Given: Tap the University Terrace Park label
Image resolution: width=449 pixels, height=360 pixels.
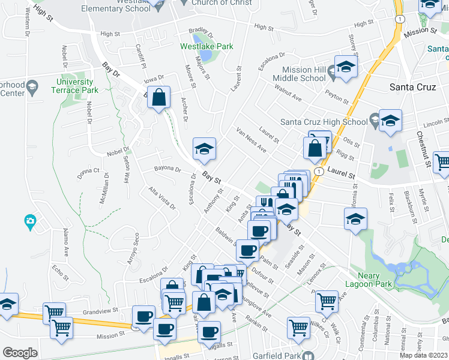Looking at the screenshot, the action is point(75,86).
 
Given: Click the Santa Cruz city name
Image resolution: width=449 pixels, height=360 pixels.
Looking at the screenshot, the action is point(412,87).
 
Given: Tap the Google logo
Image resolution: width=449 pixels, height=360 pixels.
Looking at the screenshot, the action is point(20,353).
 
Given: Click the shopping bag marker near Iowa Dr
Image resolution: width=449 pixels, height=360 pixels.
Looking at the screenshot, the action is point(158,97).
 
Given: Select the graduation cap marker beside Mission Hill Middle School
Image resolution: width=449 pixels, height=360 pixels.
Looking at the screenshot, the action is point(346,67).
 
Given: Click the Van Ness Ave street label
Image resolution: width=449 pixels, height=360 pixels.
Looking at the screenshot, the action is point(251,139).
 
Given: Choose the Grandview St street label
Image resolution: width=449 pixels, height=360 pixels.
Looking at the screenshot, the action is point(98,312).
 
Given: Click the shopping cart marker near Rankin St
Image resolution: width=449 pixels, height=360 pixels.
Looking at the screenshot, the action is point(298,327).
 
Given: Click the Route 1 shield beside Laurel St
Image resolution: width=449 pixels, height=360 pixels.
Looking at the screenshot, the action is point(319,171).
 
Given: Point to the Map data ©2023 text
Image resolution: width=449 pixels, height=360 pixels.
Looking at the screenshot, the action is point(424,355).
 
